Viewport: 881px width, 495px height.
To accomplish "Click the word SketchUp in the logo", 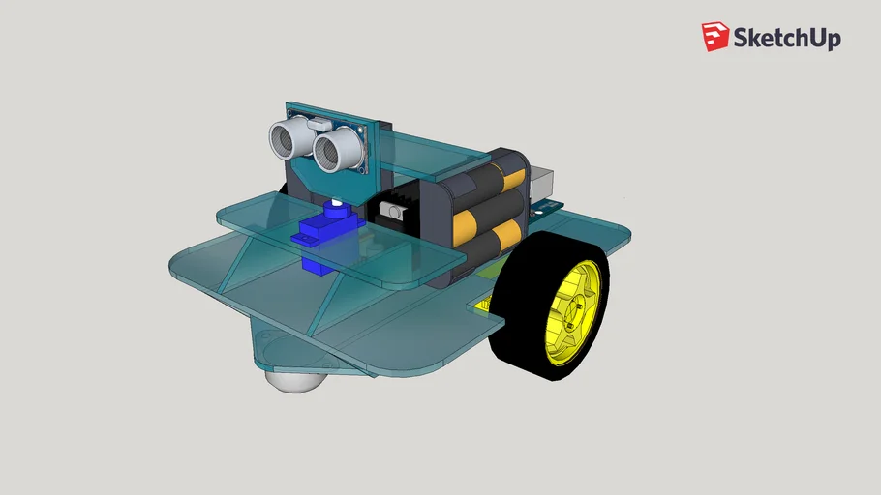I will click(786, 38).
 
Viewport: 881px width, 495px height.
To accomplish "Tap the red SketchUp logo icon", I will click(715, 37).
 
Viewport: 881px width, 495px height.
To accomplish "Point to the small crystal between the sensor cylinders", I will click(317, 125).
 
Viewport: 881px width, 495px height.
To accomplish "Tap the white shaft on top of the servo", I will click(336, 205).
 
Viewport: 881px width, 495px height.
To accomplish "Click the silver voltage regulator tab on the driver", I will click(394, 210).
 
